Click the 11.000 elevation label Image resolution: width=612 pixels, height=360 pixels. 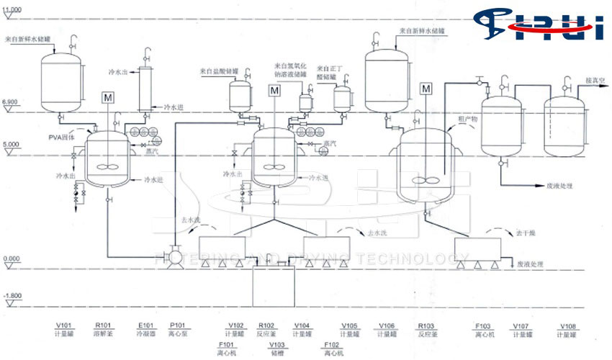coord(12,8)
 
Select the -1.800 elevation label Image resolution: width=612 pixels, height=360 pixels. coord(12,295)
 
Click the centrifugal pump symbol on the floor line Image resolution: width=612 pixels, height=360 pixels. coord(174,257)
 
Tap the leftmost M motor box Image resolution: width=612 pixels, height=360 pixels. coord(108,97)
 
